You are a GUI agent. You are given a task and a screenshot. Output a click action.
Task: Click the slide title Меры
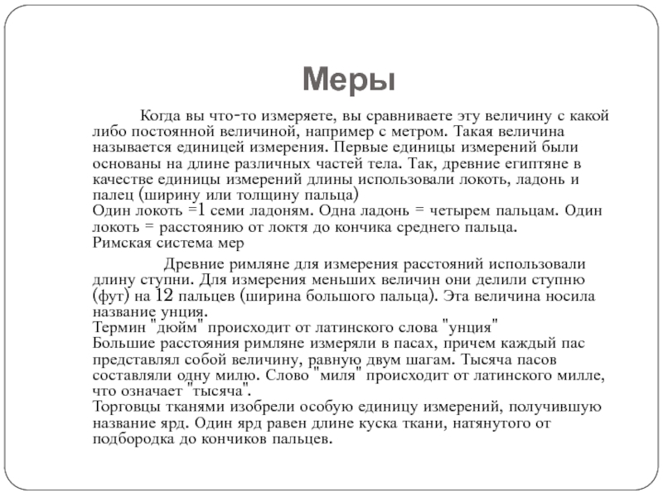(347, 80)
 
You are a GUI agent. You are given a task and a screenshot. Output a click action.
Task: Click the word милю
(259, 374)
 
